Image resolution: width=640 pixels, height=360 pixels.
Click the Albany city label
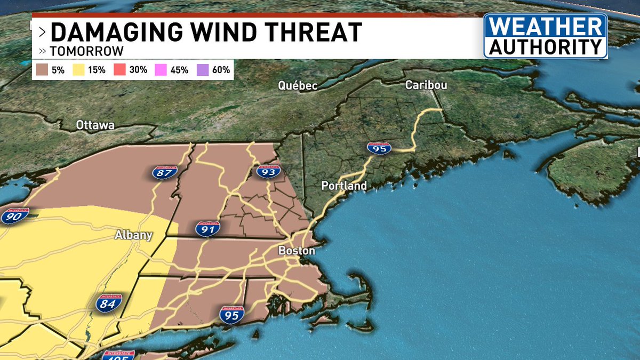tap(134, 235)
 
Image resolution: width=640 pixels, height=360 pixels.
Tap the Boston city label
tap(297, 251)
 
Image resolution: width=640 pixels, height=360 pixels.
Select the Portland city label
tap(344, 186)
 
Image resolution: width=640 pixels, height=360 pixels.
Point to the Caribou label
tap(426, 85)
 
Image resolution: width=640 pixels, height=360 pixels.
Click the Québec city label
tap(297, 86)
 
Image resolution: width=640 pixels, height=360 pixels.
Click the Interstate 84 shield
tap(109, 303)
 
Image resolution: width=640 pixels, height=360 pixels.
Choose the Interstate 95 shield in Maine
tap(379, 149)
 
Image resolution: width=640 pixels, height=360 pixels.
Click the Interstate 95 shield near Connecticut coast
tap(231, 314)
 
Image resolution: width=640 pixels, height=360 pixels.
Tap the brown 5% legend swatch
tap(42, 70)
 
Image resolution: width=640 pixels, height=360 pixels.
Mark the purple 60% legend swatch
tap(203, 70)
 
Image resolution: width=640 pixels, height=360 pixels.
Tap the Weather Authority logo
tap(545, 36)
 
